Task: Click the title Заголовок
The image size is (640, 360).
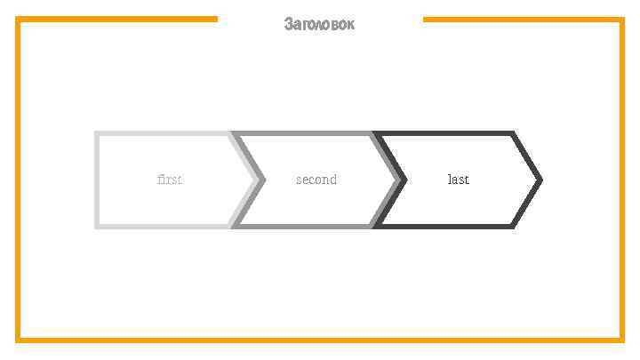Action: pyautogui.click(x=319, y=25)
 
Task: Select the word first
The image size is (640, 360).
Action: pyautogui.click(x=169, y=180)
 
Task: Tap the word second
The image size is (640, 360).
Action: pyautogui.click(x=316, y=180)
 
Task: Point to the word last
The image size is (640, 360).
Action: pyautogui.click(x=458, y=180)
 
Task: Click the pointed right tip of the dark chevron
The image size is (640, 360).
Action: pyautogui.click(x=540, y=180)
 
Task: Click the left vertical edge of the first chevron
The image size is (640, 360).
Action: pyautogui.click(x=97, y=180)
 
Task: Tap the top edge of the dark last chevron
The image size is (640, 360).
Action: pyautogui.click(x=444, y=134)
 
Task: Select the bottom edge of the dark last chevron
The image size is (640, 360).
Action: pyautogui.click(x=444, y=226)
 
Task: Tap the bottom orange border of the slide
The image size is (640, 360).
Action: pyautogui.click(x=320, y=340)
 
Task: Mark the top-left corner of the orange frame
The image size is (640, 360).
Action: pyautogui.click(x=19, y=20)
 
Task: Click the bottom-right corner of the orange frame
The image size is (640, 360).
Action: pyautogui.click(x=621, y=340)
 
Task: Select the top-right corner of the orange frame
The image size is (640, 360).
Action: pyautogui.click(x=621, y=20)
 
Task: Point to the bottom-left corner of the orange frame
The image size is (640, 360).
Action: pyautogui.click(x=19, y=340)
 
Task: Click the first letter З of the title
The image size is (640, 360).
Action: pyautogui.click(x=289, y=25)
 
